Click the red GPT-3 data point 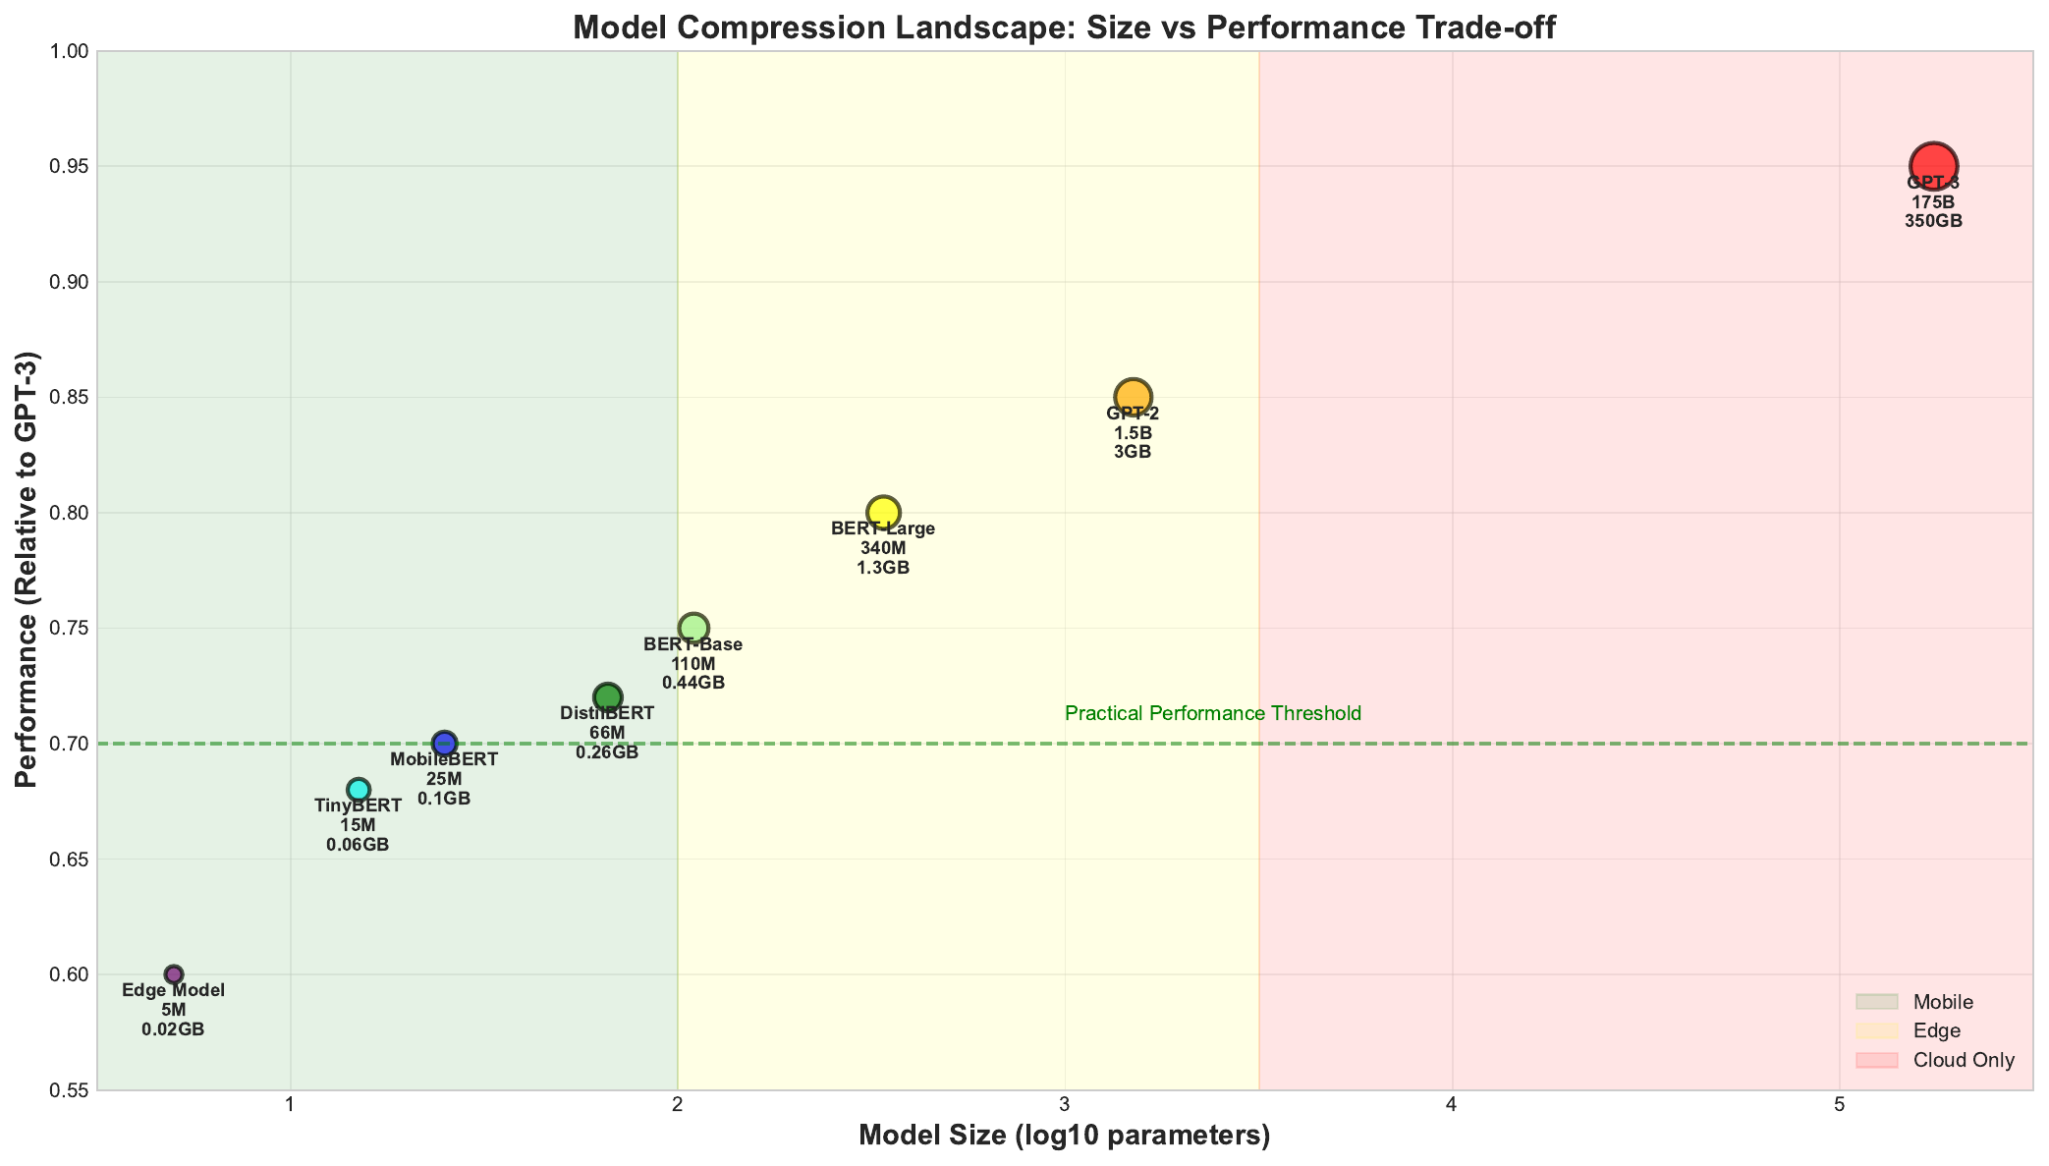[x=1933, y=166]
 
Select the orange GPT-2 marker [x=1133, y=397]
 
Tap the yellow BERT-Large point [x=883, y=512]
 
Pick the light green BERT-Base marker [x=693, y=628]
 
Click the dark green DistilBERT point [x=608, y=697]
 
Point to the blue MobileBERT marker [x=444, y=744]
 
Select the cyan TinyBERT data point [x=359, y=790]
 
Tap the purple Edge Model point [x=174, y=974]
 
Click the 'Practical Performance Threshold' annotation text [x=1212, y=713]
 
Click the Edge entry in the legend [x=1936, y=1030]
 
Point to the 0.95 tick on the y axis [x=69, y=167]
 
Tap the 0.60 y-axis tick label [x=69, y=974]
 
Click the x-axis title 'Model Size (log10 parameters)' [x=1064, y=1136]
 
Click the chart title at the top [x=1064, y=27]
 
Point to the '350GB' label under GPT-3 [x=1933, y=221]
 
